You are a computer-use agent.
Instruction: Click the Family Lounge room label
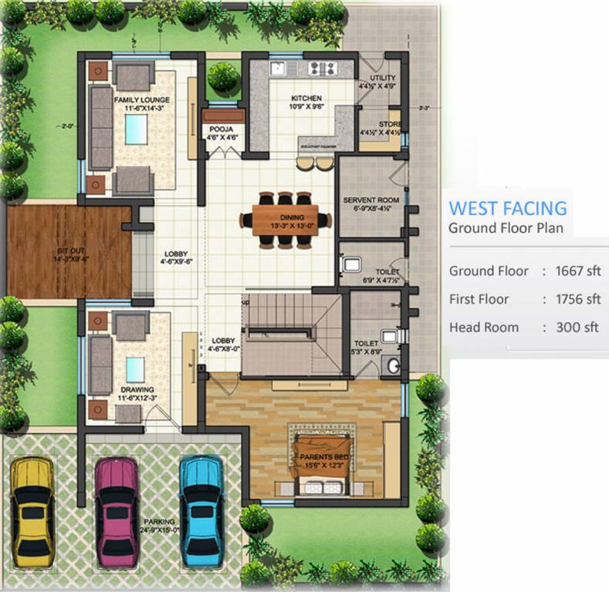click(x=142, y=100)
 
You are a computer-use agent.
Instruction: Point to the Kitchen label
click(x=306, y=98)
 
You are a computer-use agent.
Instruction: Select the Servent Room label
click(x=370, y=200)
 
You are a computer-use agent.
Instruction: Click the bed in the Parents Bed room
click(x=320, y=462)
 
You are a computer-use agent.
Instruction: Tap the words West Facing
click(x=508, y=208)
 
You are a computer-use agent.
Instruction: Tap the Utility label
click(x=383, y=78)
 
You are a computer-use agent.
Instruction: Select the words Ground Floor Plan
click(x=506, y=227)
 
